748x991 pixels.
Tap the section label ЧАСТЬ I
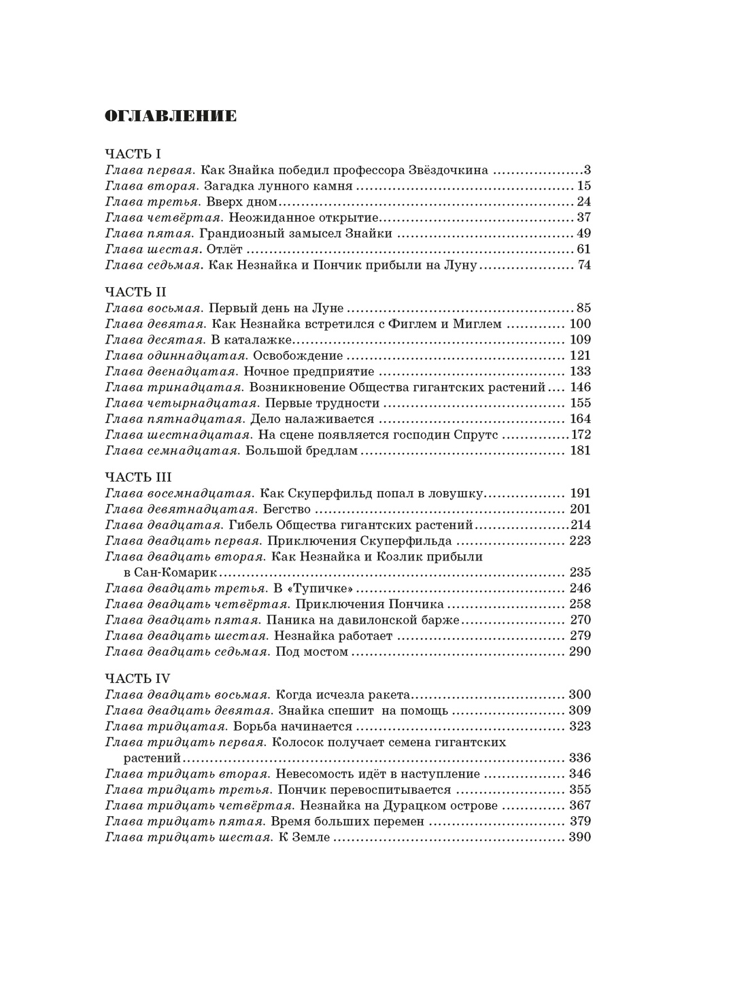point(133,154)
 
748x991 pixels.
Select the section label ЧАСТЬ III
point(138,477)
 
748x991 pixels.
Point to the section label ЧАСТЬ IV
point(138,678)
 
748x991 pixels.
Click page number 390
point(579,837)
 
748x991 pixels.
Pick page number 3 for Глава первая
point(587,170)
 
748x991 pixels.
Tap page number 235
point(579,573)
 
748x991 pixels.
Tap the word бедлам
point(333,450)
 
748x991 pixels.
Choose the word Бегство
point(286,509)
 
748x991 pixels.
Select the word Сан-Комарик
point(163,573)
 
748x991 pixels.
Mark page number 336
point(579,758)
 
